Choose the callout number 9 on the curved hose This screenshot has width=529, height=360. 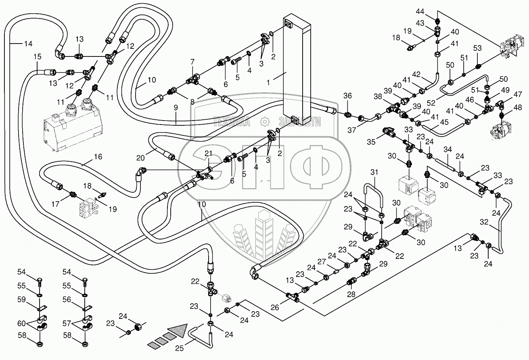click(176, 108)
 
